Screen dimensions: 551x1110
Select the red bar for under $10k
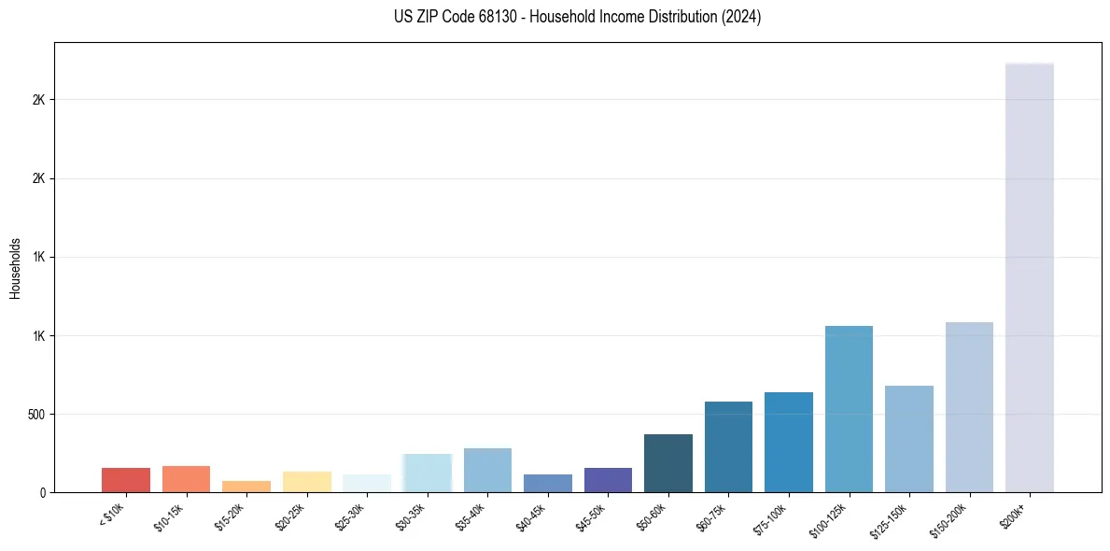click(x=126, y=480)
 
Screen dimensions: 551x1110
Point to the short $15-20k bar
click(x=246, y=487)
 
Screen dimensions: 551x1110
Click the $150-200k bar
click(x=969, y=407)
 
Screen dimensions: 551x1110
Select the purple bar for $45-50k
click(x=608, y=480)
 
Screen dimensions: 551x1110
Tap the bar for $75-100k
click(x=789, y=443)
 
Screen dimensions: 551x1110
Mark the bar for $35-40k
click(x=487, y=471)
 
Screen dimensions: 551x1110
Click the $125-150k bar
click(x=909, y=439)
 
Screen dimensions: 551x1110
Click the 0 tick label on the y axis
click(x=42, y=492)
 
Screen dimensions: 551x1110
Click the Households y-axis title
click(x=15, y=267)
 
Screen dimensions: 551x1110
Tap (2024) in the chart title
click(x=741, y=17)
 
